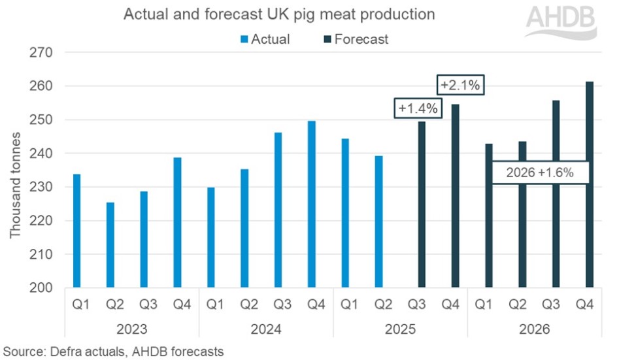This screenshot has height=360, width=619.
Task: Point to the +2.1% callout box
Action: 462,85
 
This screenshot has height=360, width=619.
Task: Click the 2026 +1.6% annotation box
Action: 541,172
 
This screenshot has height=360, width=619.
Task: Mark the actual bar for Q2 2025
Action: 379,221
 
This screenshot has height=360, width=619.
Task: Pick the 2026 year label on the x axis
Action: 534,329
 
